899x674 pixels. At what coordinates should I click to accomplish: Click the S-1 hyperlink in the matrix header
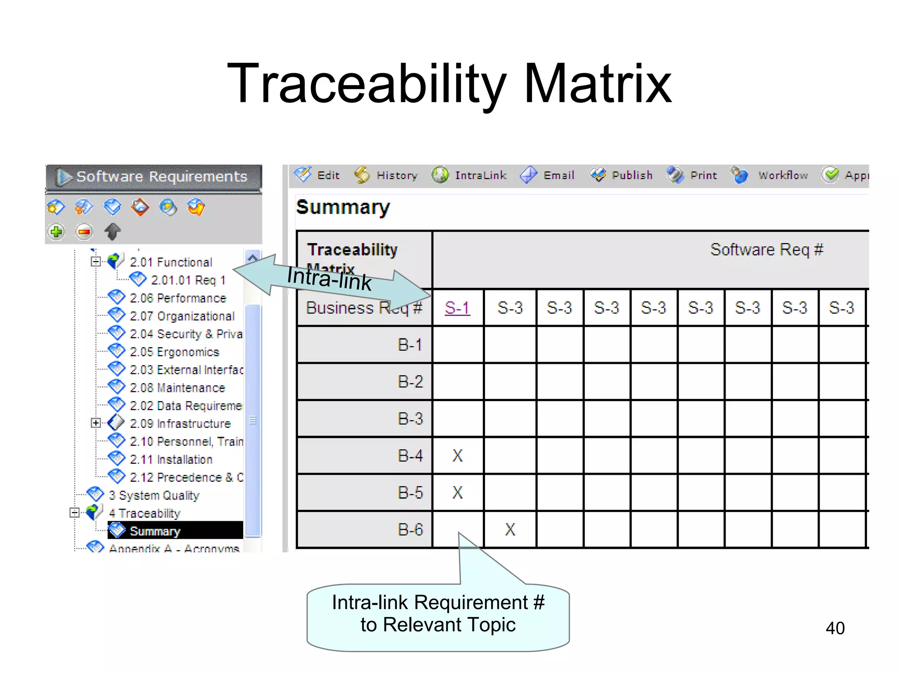[457, 308]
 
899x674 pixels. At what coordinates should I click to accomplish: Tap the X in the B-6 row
[510, 530]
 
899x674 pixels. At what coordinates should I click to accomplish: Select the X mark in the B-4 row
[457, 455]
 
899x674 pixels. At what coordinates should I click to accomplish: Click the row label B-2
[410, 382]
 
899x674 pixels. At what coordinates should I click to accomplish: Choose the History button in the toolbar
[386, 176]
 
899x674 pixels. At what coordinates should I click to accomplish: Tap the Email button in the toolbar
[548, 176]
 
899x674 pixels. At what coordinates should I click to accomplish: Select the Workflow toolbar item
[770, 176]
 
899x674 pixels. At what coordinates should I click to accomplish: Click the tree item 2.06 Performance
[178, 298]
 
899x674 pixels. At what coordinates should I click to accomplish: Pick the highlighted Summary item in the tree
[155, 531]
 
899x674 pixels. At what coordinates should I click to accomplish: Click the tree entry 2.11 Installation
[171, 459]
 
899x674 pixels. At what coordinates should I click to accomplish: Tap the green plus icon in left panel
[56, 231]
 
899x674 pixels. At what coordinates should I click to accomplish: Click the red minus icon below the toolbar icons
[84, 231]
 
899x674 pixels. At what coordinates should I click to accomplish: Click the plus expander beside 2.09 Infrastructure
[96, 423]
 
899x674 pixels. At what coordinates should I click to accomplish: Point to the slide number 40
[835, 628]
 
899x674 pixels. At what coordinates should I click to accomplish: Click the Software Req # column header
[766, 250]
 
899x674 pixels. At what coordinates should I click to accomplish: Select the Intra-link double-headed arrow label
[329, 278]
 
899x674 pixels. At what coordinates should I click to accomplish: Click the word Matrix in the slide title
[597, 83]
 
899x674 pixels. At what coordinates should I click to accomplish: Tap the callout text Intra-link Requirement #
[438, 602]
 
